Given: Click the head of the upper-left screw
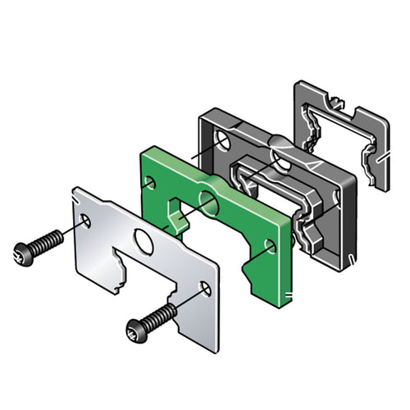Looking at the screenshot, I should [x=22, y=253].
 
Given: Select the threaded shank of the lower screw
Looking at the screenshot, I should [x=162, y=315].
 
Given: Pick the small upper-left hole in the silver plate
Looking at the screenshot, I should [x=87, y=220].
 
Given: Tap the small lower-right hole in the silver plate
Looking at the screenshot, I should [x=205, y=288].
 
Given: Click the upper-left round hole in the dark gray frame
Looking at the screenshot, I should [x=223, y=143].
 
